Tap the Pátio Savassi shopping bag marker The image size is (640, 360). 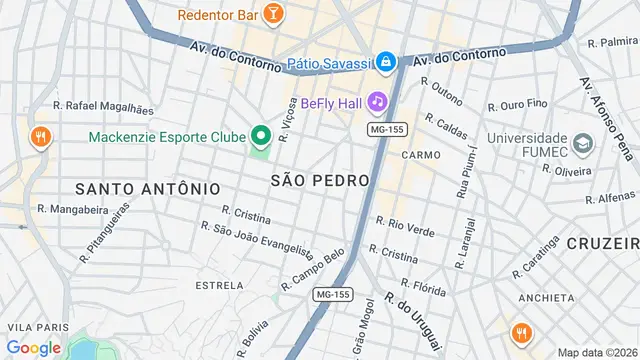(x=386, y=62)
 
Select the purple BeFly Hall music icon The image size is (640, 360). (x=377, y=102)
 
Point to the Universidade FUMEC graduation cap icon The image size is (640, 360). (x=583, y=146)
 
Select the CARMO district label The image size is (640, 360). (x=421, y=156)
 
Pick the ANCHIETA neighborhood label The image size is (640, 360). (x=547, y=297)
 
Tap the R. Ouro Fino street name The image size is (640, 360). (x=524, y=104)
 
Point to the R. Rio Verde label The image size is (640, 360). (x=406, y=225)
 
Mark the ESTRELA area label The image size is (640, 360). (x=219, y=285)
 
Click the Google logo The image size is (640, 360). (x=33, y=347)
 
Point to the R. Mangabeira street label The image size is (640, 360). (x=71, y=209)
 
